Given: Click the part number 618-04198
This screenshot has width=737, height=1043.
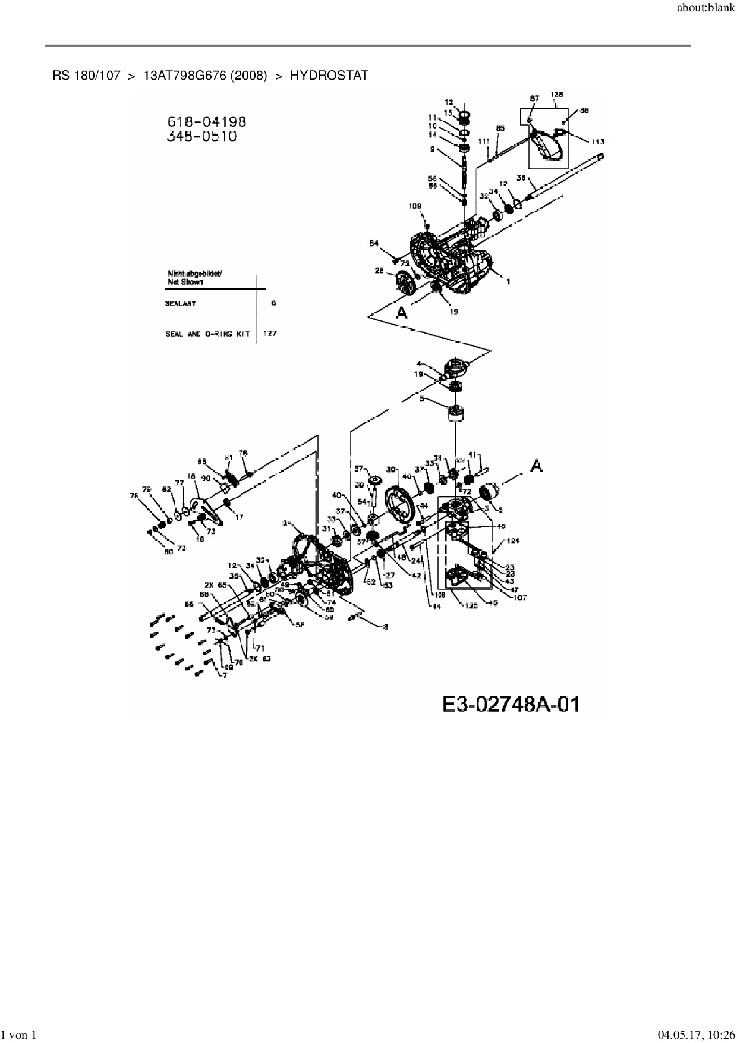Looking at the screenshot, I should click(x=206, y=121).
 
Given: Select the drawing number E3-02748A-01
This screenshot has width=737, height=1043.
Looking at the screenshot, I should click(x=510, y=705).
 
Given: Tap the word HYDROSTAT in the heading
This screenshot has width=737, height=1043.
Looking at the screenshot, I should click(x=329, y=76).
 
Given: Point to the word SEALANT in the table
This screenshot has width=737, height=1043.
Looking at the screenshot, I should click(x=181, y=304).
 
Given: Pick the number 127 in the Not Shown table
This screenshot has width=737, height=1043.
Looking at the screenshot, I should click(x=270, y=334).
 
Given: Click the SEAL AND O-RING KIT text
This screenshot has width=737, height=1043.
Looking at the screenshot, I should click(x=207, y=334).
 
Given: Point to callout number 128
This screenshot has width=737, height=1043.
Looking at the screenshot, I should click(x=557, y=94).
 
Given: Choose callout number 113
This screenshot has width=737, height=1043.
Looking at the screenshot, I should click(x=598, y=142).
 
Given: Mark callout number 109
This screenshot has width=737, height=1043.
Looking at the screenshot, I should click(x=415, y=206).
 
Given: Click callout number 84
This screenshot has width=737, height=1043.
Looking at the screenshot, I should click(x=374, y=243).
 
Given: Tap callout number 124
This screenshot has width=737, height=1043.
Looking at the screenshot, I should click(x=513, y=541).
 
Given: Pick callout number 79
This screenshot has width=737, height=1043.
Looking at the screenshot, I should click(x=146, y=489).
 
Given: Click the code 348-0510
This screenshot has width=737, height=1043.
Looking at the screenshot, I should click(x=202, y=136).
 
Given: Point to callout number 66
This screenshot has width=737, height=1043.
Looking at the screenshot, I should click(x=189, y=604).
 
